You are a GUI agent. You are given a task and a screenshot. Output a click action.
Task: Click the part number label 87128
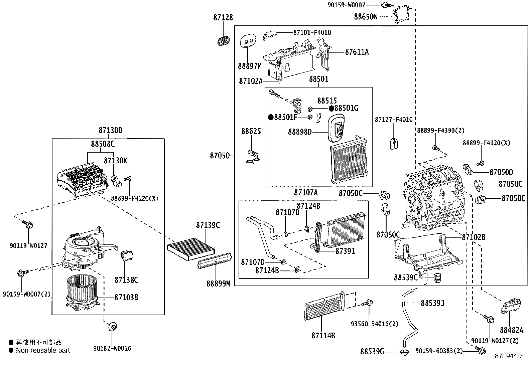pos(223,17)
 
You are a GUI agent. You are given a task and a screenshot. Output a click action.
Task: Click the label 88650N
pos(366,16)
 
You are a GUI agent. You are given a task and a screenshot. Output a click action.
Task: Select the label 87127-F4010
pos(393,120)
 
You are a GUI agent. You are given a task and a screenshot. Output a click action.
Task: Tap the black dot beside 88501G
pos(331,108)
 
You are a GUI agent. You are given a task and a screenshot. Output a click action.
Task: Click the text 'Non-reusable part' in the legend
pos(43,350)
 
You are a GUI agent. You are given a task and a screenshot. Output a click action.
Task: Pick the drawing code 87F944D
pos(508,356)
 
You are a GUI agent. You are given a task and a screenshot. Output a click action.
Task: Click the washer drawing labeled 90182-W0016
pos(113,326)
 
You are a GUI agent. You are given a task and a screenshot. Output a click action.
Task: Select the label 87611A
pos(357,52)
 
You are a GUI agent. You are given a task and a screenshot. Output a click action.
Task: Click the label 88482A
pos(511,330)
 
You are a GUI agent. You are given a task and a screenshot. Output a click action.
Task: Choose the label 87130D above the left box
pos(110,131)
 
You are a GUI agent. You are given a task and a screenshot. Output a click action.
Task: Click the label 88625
pos(251,131)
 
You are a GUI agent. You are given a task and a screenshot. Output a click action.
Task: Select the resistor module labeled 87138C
pos(127,256)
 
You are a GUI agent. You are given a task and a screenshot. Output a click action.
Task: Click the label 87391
pos(345,251)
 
